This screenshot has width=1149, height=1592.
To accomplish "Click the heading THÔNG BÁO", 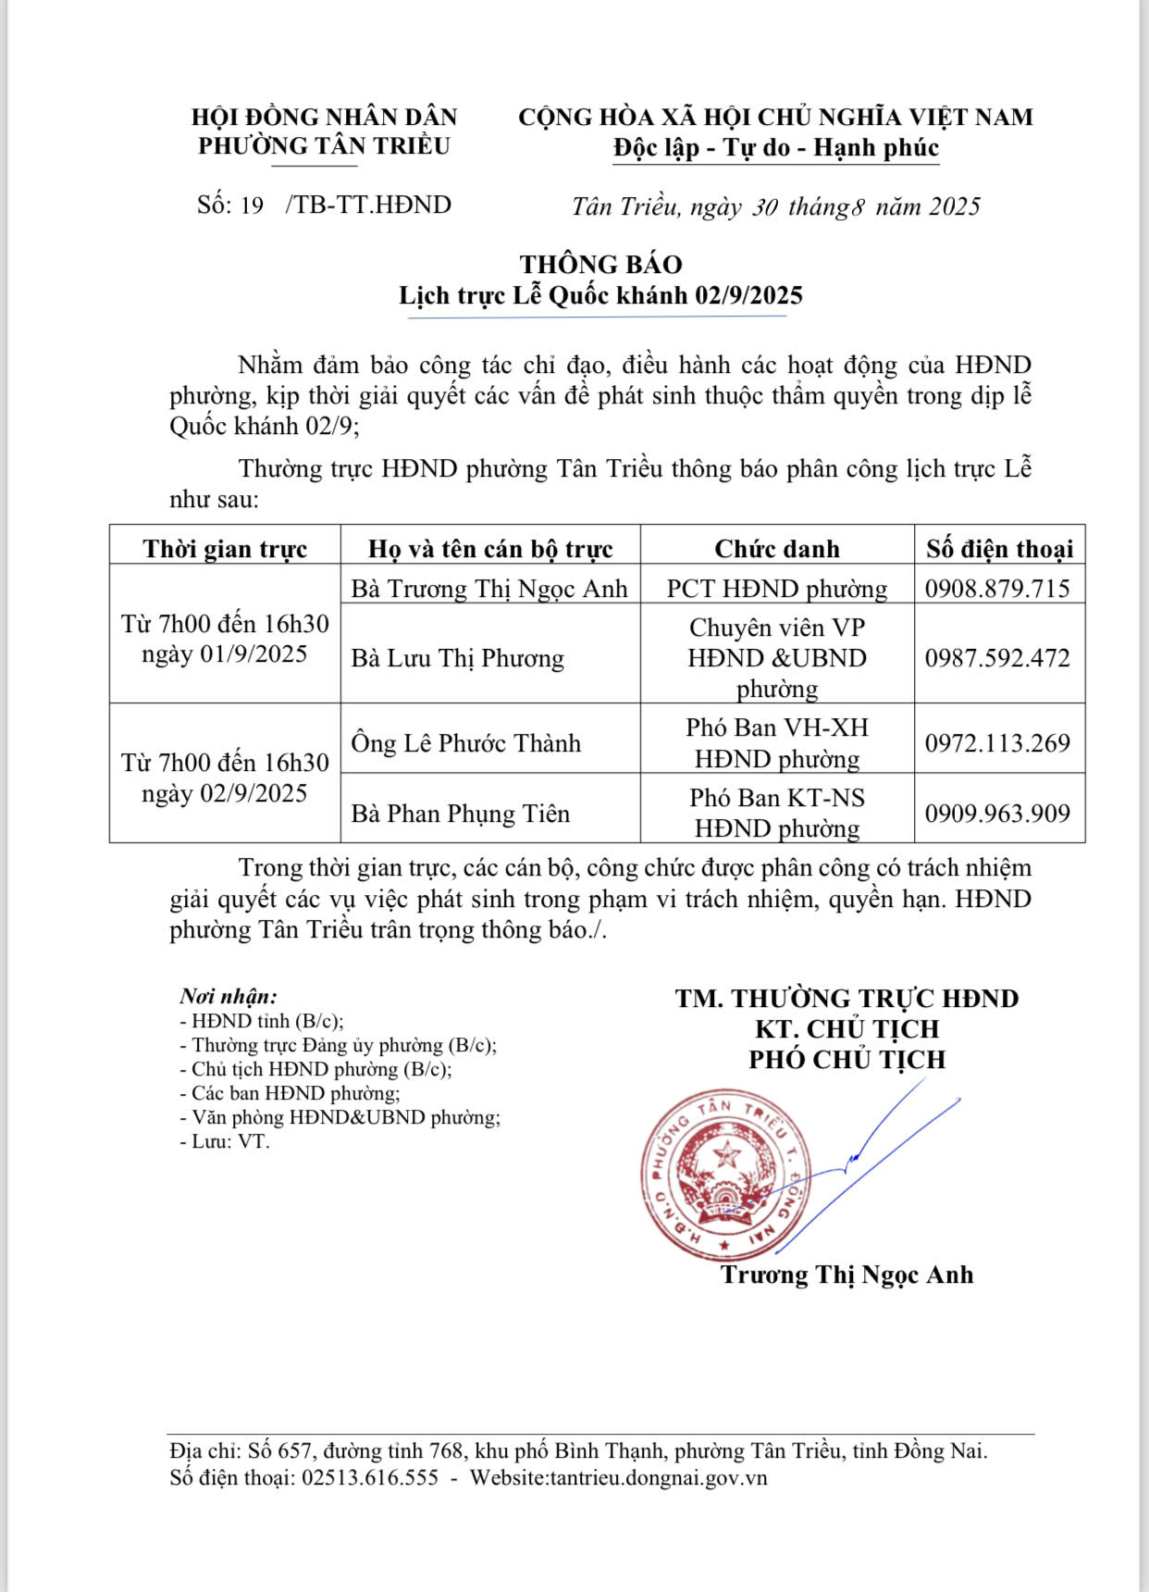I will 600,265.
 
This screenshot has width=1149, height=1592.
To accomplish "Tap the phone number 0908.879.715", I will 997,589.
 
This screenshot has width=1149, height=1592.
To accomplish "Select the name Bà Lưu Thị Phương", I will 457,658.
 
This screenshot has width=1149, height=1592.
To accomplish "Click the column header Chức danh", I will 776,549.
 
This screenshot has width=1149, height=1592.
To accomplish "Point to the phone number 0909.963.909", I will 997,814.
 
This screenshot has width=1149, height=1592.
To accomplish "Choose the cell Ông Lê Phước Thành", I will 465,743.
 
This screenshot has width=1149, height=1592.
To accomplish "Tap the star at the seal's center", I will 727,1154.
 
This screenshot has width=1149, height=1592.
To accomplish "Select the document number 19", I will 252,205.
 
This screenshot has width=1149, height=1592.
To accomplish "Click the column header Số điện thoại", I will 999,549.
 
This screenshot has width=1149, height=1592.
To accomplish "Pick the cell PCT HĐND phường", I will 776,589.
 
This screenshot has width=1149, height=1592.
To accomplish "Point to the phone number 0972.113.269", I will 997,743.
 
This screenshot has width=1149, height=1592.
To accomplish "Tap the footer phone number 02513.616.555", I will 370,1477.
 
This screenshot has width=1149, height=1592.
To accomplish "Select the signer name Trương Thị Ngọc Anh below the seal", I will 846,1275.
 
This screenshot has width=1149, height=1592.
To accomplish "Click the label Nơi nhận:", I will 229,997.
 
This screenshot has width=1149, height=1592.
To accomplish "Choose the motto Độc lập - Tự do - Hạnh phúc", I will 775,148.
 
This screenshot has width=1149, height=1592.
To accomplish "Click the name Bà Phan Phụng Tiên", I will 460,814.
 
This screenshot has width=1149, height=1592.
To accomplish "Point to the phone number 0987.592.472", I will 997,658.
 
